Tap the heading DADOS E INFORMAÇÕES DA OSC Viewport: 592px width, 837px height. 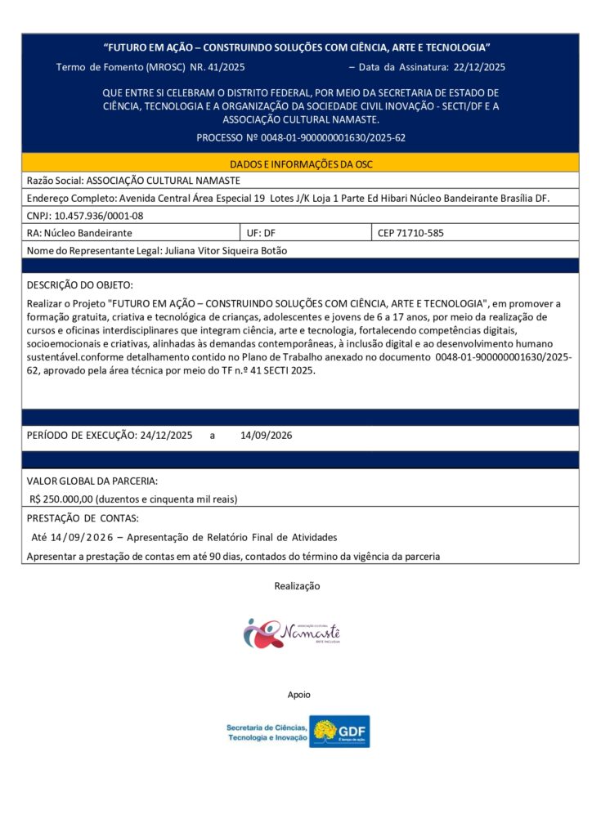(x=301, y=164)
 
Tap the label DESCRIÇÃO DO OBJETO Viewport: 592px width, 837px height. (x=79, y=285)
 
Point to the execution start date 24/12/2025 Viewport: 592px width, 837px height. (x=166, y=436)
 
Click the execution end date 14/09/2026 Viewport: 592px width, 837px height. (x=266, y=436)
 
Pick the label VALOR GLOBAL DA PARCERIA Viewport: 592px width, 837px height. (x=92, y=481)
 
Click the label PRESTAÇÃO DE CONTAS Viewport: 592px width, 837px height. (x=83, y=518)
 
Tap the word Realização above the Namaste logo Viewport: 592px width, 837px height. (x=297, y=586)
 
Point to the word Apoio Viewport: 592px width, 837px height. (x=298, y=695)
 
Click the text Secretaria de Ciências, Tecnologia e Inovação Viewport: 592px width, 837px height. (x=267, y=732)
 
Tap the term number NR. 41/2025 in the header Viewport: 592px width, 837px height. (x=217, y=67)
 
